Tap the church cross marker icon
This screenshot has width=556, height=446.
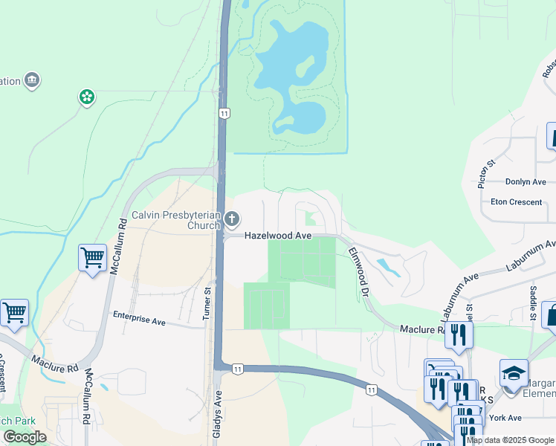pyautogui.click(x=232, y=219)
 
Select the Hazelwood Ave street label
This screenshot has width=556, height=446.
pyautogui.click(x=278, y=235)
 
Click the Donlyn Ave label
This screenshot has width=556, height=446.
pyautogui.click(x=526, y=182)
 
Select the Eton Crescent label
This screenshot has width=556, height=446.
pyautogui.click(x=516, y=201)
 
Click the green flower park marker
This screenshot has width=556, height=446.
pyautogui.click(x=87, y=97)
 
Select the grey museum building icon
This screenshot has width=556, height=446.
pyautogui.click(x=32, y=80)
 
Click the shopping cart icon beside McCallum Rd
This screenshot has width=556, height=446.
pyautogui.click(x=92, y=259)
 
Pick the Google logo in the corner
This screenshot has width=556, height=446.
pyautogui.click(x=25, y=437)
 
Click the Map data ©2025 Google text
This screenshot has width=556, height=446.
pyautogui.click(x=510, y=440)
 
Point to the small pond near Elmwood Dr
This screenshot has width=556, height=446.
pyautogui.click(x=387, y=267)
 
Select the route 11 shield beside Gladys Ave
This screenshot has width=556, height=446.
pyautogui.click(x=237, y=369)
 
